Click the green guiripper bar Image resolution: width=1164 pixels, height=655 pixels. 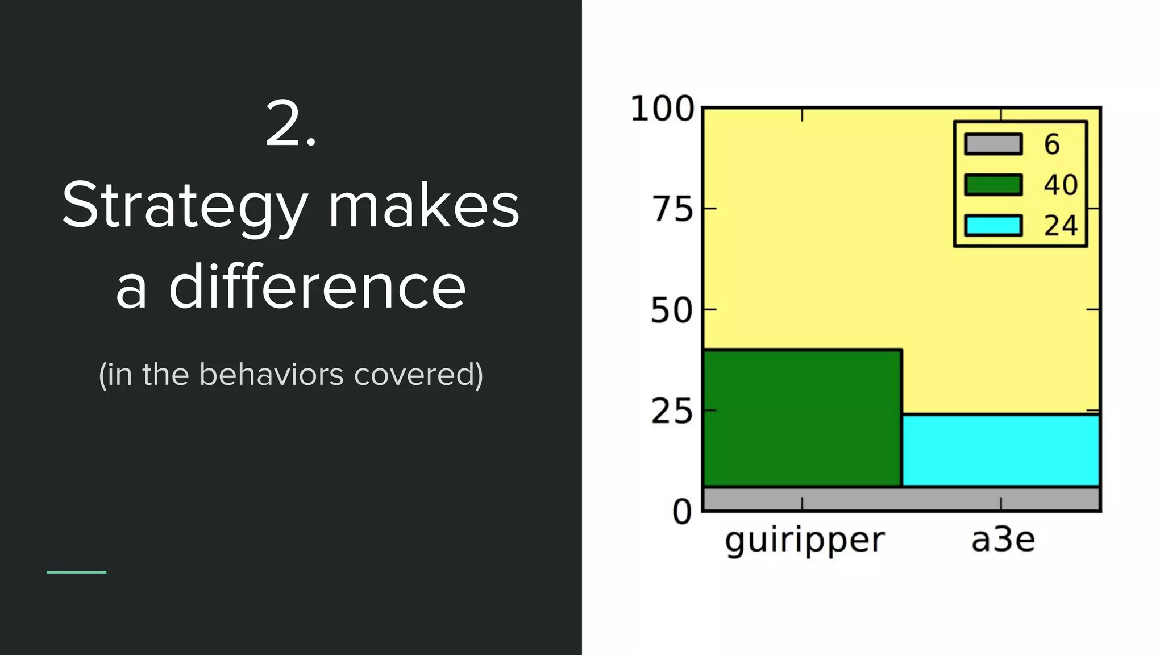[x=802, y=418]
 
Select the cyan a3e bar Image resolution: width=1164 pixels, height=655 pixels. [x=1001, y=450]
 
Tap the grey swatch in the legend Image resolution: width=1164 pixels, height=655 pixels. [x=993, y=144]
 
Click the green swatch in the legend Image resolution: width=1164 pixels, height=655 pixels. [x=993, y=185]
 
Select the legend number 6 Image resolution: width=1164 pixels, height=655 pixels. [x=1052, y=144]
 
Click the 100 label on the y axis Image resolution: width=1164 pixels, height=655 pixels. [x=662, y=109]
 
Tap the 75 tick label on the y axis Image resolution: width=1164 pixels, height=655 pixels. [x=673, y=210]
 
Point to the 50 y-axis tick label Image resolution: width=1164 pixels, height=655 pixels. [x=672, y=311]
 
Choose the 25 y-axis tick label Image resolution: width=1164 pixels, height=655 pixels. [x=672, y=412]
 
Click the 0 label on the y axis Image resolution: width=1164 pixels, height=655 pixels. [x=682, y=512]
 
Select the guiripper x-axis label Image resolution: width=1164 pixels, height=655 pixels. [x=805, y=540]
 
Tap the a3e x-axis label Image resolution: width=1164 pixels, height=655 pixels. [x=1003, y=540]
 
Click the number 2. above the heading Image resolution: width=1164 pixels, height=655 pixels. [x=290, y=125]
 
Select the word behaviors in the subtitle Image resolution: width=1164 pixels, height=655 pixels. [x=272, y=375]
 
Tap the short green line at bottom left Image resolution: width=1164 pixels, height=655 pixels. [x=76, y=572]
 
